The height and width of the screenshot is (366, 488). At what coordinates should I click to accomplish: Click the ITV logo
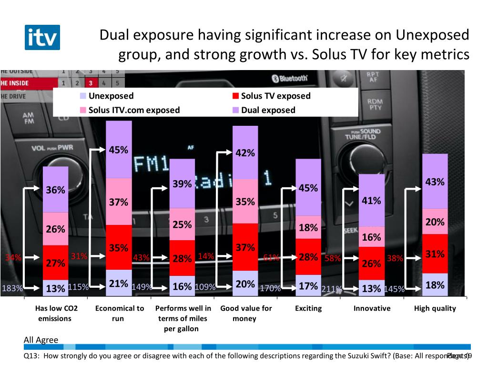tap(42, 37)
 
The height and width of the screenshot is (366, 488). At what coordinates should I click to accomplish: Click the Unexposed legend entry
tap(111, 96)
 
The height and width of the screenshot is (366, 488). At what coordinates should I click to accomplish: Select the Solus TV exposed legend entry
tap(275, 96)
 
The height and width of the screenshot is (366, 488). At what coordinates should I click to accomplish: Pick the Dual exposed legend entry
tap(268, 110)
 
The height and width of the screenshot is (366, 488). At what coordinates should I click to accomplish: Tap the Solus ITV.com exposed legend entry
tap(133, 110)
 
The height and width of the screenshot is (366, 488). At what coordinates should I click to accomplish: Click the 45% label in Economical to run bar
tap(118, 150)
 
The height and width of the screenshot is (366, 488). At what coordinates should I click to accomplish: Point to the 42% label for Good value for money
tap(245, 153)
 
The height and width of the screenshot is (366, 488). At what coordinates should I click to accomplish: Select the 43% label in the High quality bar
tap(435, 182)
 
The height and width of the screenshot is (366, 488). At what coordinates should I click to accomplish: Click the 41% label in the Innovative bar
tap(371, 201)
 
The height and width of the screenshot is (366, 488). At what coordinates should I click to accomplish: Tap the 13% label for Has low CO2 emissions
tap(55, 288)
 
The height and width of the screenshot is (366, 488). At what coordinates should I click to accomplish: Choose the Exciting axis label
tap(308, 308)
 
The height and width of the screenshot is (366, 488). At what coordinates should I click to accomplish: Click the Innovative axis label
tap(372, 308)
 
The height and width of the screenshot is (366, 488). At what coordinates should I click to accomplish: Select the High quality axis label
tap(435, 308)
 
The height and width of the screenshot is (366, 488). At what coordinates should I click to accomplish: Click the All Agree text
tap(41, 340)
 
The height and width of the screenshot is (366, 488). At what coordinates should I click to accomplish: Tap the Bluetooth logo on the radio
tap(289, 79)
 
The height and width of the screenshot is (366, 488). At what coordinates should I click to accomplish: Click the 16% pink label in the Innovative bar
tap(371, 237)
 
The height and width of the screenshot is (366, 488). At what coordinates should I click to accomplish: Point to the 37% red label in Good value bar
tap(245, 247)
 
